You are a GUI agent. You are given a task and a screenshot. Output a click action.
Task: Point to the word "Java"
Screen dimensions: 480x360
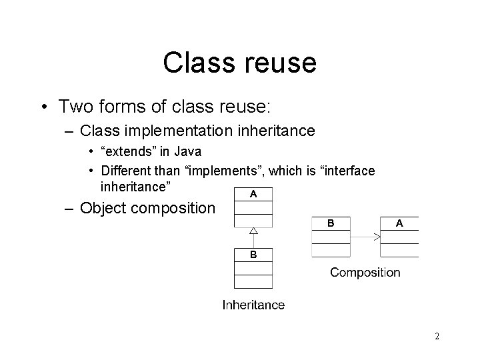click(187, 152)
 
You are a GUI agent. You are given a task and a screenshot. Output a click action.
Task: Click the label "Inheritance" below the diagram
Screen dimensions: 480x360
click(253, 305)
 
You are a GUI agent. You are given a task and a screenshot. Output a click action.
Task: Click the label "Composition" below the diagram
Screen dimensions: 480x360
click(365, 272)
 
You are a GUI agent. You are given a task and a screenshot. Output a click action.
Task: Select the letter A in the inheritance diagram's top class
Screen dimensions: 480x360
click(253, 194)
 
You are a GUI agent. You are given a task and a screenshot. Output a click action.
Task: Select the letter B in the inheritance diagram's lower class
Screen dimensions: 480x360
click(253, 255)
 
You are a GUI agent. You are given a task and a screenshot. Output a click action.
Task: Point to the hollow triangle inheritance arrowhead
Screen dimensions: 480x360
click(253, 231)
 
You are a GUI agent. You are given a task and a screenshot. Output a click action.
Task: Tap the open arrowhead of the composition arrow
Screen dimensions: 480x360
click(377, 237)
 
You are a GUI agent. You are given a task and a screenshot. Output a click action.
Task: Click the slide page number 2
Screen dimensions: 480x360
click(437, 337)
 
